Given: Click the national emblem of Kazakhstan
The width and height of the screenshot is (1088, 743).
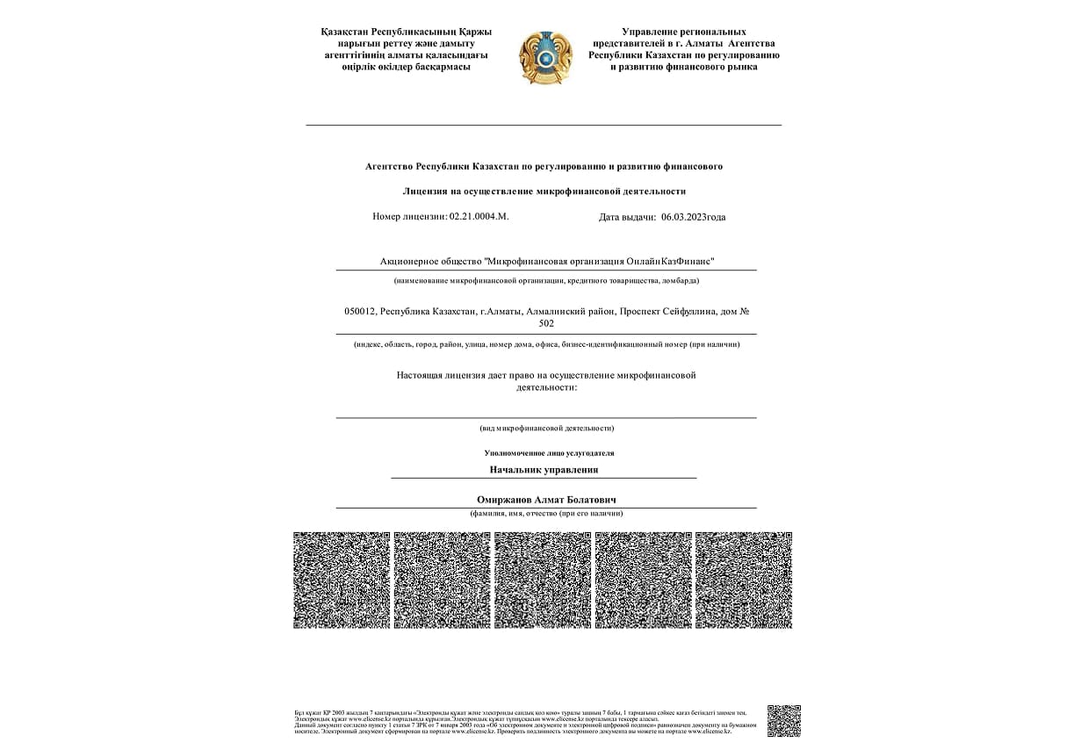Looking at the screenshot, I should coord(546,57).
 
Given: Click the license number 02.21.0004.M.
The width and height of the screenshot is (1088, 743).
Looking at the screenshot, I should coord(479,216).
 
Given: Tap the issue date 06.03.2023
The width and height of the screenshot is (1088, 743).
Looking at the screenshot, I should coord(684,217).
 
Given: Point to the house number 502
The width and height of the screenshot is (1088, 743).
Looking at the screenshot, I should coord(546,323).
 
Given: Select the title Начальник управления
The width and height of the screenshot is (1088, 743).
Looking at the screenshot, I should coord(544,469).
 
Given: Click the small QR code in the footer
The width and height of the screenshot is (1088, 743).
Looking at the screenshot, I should coord(783,720).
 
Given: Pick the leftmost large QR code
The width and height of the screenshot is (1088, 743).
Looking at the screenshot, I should coord(342,580).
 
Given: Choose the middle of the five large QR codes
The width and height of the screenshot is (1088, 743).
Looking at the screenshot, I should coord(543,580).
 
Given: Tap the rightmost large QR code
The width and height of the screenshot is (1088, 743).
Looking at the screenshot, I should coord(744,580).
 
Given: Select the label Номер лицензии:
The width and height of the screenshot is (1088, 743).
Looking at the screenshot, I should coord(410,216).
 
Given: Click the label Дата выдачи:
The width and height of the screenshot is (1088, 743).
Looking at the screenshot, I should coord(627,217).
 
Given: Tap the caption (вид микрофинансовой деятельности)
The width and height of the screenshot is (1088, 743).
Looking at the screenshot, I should coord(546,428).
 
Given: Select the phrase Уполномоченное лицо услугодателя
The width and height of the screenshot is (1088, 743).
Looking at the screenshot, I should coord(549,453).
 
